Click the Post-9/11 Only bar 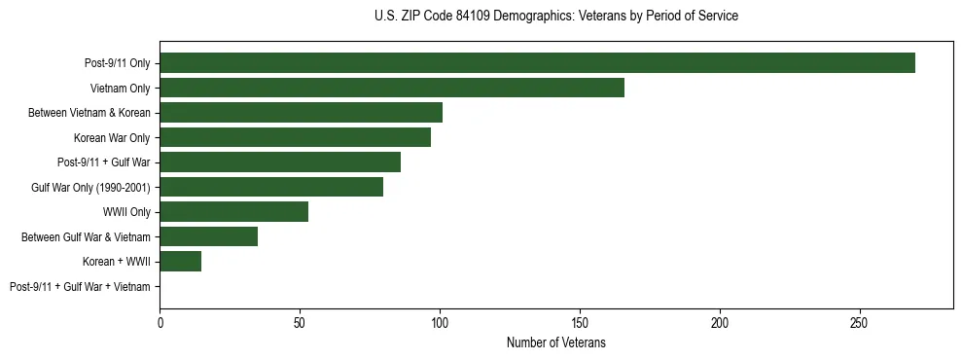pos(537,63)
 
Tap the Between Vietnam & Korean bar pos(302,113)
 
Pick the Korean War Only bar pos(296,137)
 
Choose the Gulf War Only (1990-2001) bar pos(271,187)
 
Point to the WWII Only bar pos(234,212)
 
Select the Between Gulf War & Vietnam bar pos(209,236)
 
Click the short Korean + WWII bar pos(181,261)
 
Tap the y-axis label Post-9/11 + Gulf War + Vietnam pos(80,287)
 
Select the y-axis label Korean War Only pos(112,138)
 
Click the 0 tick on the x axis pos(160,322)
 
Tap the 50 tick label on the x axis pos(301,322)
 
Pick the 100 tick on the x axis pos(440,322)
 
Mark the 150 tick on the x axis pos(580,322)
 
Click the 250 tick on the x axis pos(859,322)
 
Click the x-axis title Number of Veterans pos(556,342)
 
